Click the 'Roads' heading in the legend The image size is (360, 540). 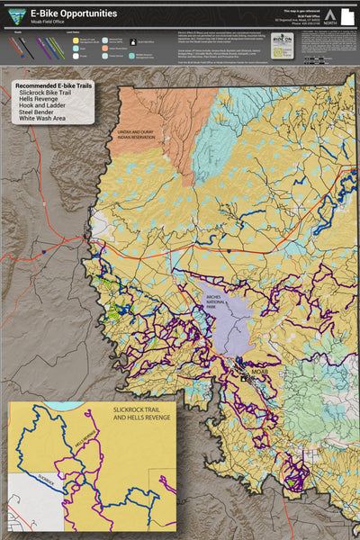(18, 31)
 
